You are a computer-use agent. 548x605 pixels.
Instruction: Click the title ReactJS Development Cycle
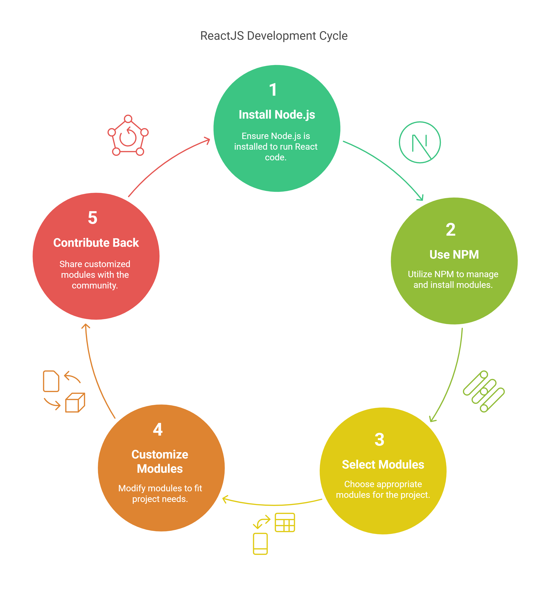pos(274,36)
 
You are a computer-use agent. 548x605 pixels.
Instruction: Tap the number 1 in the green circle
pos(273,90)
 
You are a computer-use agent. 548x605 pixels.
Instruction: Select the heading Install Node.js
pos(277,115)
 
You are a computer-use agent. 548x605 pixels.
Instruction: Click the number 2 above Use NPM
pos(451,230)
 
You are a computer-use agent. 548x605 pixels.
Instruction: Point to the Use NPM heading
pos(454,254)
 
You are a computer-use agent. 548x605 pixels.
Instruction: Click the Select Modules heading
pos(383,465)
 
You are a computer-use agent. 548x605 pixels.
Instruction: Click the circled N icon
pos(420,142)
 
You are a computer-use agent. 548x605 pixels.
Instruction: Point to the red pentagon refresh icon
pos(128,135)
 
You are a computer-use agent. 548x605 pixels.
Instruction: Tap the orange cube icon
pos(75,403)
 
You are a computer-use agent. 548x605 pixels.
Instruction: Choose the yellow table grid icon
pos(285,523)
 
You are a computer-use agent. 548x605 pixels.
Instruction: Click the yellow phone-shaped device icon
pos(260,544)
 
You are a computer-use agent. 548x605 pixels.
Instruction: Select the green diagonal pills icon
pos(484,391)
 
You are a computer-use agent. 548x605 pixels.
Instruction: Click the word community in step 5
pos(95,285)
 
